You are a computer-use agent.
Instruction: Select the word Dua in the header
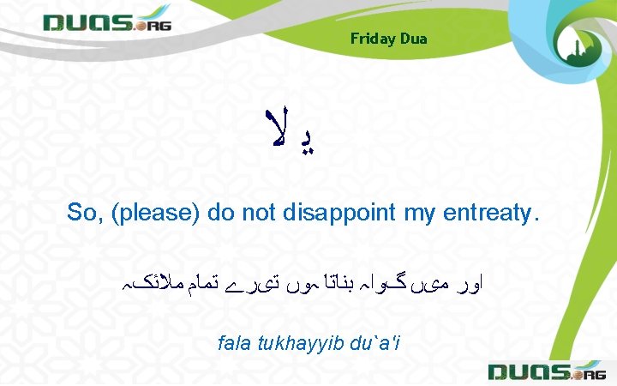coord(412,39)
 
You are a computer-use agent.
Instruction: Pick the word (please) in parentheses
coord(153,213)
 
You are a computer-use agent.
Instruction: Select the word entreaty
coord(488,213)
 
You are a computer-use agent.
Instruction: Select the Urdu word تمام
coord(204,280)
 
